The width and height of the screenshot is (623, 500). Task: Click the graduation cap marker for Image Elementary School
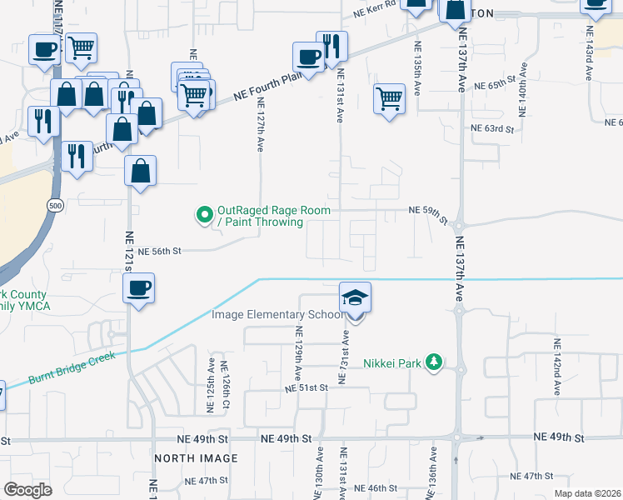355,298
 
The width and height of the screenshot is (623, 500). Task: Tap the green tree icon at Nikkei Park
433,362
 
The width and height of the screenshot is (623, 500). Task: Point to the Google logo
27,490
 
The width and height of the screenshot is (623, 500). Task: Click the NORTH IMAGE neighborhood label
196,458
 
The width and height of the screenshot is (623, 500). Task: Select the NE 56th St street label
159,251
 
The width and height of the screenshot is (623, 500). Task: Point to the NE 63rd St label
492,128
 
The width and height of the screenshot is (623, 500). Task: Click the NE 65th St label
496,86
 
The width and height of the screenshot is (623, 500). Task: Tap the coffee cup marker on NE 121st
139,288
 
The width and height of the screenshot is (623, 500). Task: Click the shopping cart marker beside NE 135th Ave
389,98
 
